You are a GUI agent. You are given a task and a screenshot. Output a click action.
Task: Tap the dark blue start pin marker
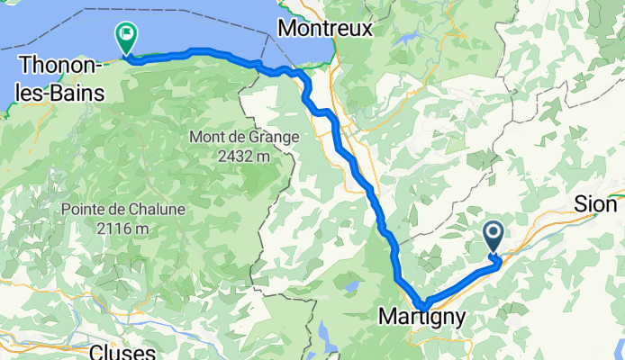(x=494, y=237)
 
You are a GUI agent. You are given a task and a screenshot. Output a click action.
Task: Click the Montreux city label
(x=324, y=29)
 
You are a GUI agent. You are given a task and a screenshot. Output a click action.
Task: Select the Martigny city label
(x=422, y=318)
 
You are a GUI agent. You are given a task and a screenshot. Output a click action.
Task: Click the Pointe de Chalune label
(x=123, y=209)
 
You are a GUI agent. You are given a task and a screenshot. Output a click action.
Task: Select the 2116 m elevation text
(x=123, y=227)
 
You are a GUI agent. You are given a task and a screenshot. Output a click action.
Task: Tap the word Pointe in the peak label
(x=86, y=209)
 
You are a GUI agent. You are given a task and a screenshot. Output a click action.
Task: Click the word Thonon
(x=52, y=65)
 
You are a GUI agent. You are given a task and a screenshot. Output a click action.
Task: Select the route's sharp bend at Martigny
(x=421, y=302)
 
